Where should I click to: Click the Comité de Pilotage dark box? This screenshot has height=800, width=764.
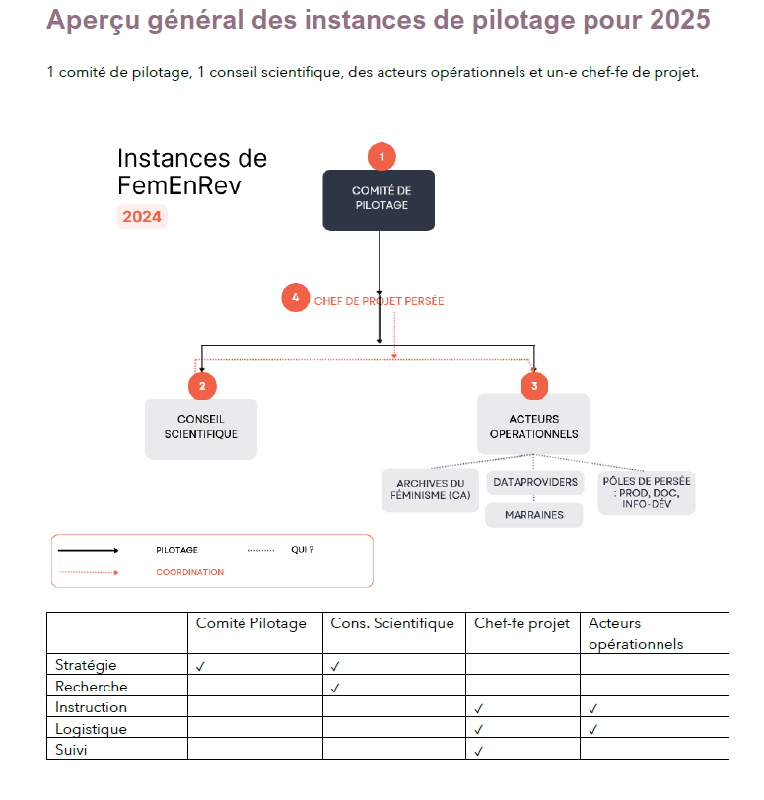click(x=379, y=199)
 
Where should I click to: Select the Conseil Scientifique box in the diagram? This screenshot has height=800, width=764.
click(x=201, y=427)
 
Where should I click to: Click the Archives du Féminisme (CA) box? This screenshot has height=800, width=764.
click(x=430, y=490)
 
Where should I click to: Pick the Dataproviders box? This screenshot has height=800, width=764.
click(x=534, y=482)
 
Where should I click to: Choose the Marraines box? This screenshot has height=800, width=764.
click(x=534, y=515)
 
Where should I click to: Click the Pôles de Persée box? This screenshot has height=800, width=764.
click(x=647, y=490)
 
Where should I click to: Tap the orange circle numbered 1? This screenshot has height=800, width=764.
click(x=382, y=156)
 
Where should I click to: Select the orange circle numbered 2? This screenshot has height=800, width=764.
click(x=202, y=386)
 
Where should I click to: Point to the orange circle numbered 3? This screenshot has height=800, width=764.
click(x=534, y=386)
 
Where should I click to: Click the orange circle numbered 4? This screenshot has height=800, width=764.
click(x=295, y=297)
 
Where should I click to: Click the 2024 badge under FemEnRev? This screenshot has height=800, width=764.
click(x=143, y=217)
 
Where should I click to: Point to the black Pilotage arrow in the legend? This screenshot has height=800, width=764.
click(x=89, y=550)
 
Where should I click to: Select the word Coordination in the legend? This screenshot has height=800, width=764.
click(x=190, y=572)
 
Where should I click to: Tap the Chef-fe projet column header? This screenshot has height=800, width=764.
click(x=522, y=623)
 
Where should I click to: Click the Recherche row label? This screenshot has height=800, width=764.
click(x=91, y=687)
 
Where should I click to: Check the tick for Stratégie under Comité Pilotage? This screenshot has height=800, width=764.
click(x=200, y=666)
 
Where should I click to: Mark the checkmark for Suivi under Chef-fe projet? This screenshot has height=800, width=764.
click(x=478, y=751)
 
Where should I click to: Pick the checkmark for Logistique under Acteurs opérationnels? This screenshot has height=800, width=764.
click(x=592, y=729)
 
